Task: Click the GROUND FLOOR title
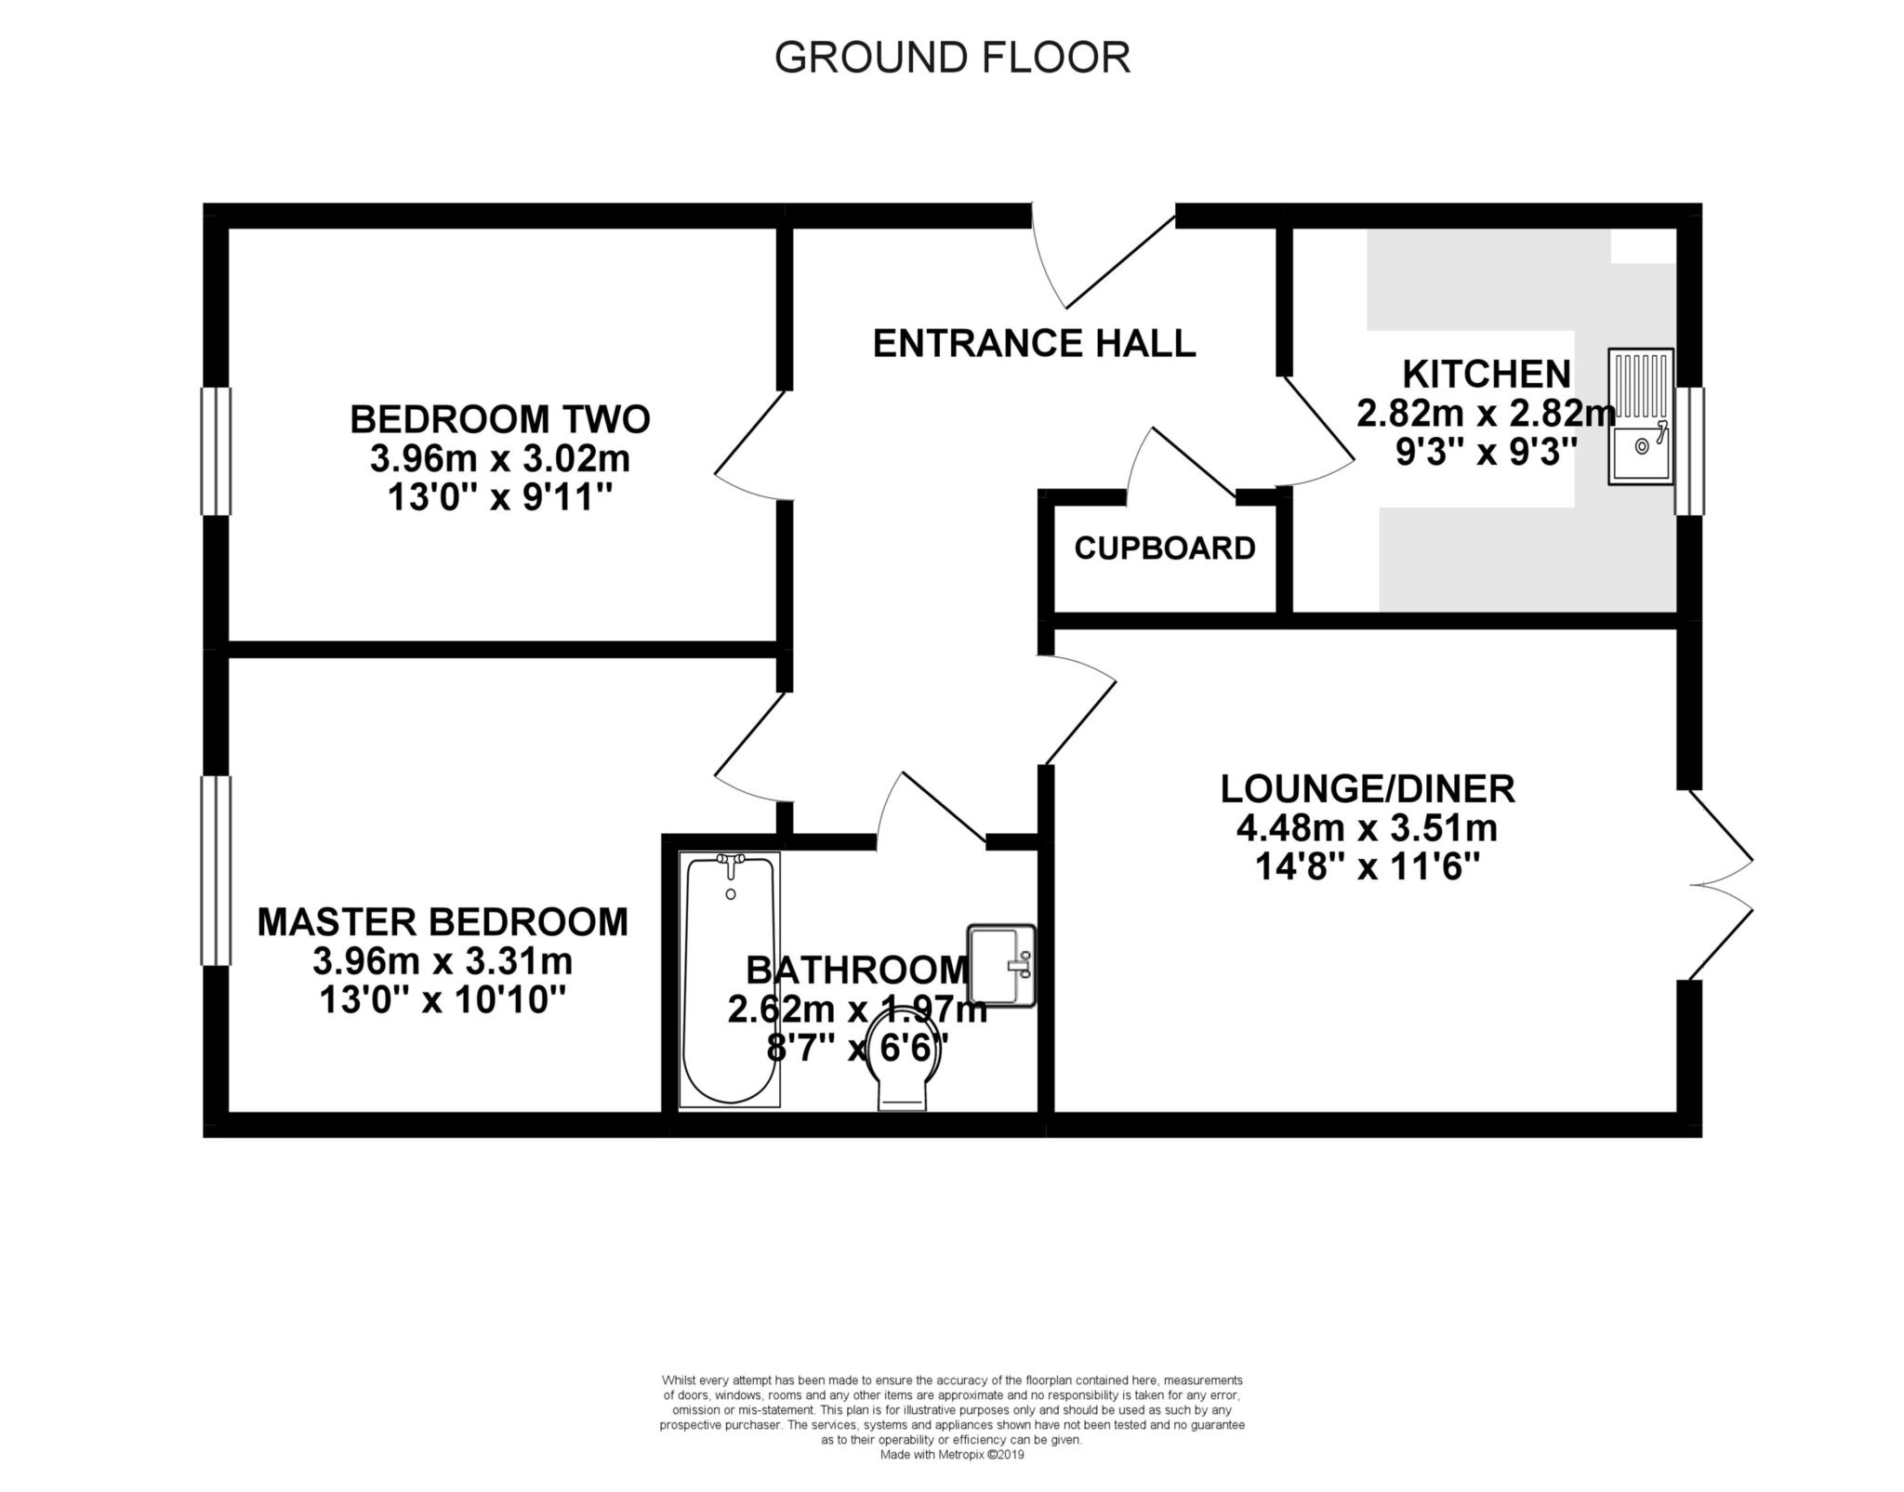952,58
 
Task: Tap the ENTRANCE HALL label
1034,344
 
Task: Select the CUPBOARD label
1165,548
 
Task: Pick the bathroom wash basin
1001,964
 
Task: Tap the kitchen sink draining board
1641,385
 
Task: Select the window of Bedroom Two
216,451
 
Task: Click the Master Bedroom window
216,870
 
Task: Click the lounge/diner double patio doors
1720,886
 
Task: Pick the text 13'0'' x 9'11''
499,499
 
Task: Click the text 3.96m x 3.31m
442,960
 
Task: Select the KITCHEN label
1486,375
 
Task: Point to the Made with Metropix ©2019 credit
952,1455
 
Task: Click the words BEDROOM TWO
499,419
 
